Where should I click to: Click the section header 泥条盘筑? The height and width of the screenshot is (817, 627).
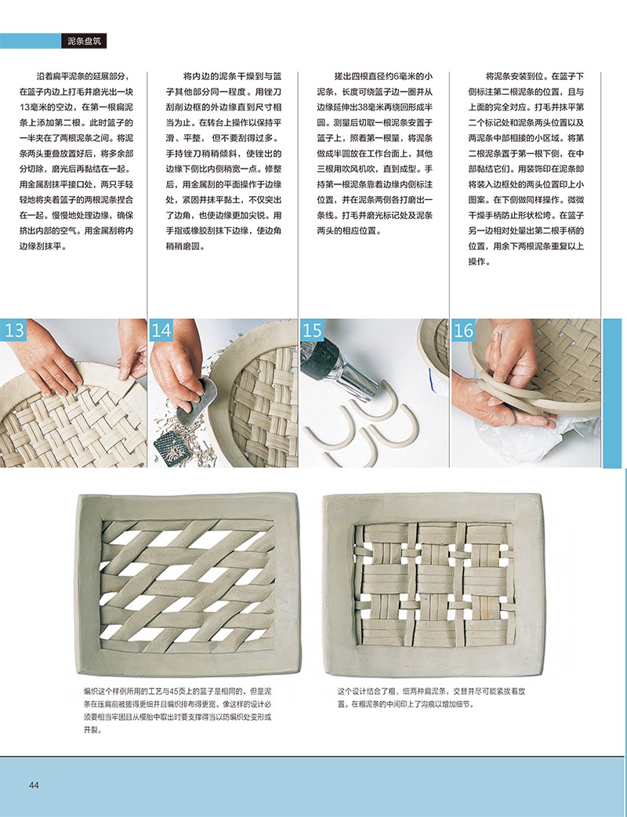tap(84, 41)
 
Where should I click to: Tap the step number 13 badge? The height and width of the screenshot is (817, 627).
tap(14, 330)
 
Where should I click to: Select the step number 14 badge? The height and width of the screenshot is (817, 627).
tap(161, 330)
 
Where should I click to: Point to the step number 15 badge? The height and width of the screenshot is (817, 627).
tap(312, 330)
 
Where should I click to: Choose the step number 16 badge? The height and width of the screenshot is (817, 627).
tap(463, 330)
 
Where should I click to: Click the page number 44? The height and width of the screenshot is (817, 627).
tap(34, 785)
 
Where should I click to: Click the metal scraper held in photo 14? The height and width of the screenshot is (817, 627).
tap(198, 401)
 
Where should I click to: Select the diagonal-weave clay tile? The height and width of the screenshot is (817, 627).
tap(189, 585)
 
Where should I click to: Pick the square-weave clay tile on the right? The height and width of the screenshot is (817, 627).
tap(433, 585)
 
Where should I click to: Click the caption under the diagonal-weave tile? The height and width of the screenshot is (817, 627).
tap(178, 710)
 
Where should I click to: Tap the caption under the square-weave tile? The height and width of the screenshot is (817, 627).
tap(431, 698)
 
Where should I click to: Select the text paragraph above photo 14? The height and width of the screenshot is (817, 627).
tap(224, 161)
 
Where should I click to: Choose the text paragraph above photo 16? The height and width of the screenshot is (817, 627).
tap(526, 169)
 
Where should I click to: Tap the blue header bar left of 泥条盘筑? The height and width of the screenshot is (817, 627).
tap(31, 41)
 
